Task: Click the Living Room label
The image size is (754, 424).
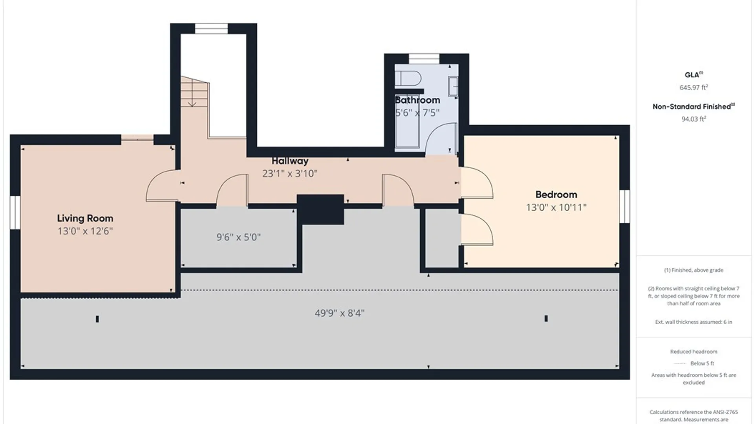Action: tap(85, 218)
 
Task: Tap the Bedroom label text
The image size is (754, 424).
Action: tap(556, 195)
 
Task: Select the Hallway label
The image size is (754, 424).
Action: tap(290, 161)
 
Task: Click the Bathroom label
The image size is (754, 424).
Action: tap(417, 100)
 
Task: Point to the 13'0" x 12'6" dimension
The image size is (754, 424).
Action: tap(85, 231)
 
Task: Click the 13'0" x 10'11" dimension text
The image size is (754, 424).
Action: tap(556, 207)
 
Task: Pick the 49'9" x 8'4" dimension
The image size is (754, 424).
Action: tap(340, 313)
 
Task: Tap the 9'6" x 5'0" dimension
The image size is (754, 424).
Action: tap(238, 237)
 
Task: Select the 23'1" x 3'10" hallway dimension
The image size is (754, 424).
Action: tap(290, 174)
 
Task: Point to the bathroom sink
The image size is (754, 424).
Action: tap(453, 86)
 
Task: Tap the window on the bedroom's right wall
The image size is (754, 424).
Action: tap(624, 207)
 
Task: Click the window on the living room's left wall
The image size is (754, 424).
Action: tap(15, 212)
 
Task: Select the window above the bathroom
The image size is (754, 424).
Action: tap(424, 58)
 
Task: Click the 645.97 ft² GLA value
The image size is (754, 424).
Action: tap(694, 88)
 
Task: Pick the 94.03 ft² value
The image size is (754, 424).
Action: tap(694, 119)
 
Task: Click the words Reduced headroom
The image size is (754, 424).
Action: tap(694, 352)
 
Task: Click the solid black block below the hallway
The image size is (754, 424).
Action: tap(320, 209)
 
